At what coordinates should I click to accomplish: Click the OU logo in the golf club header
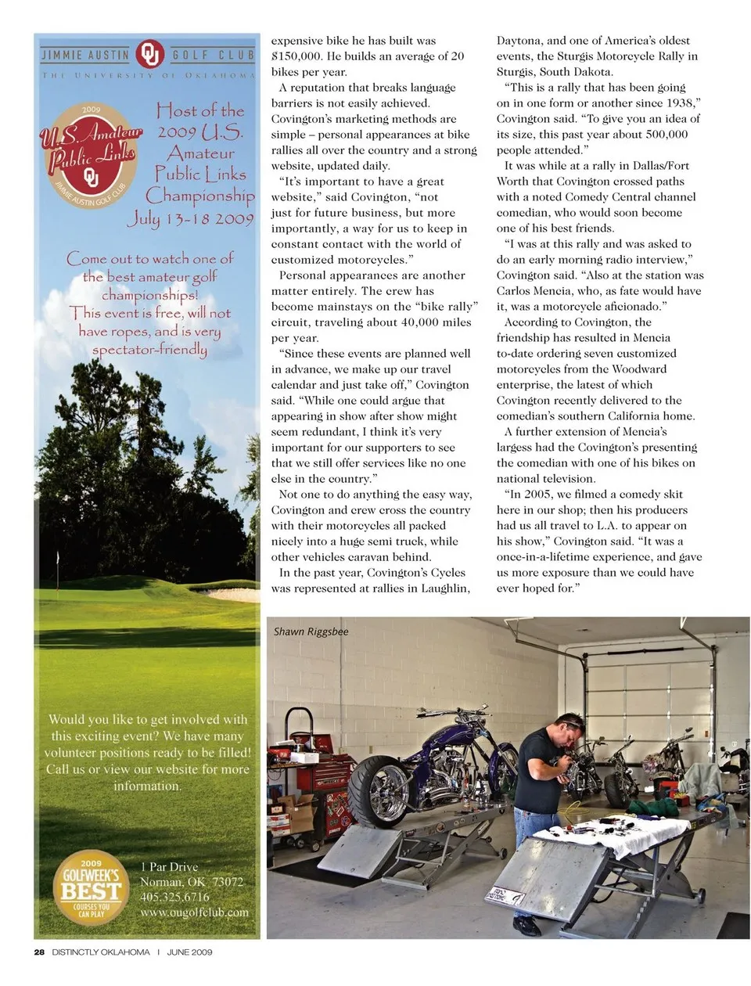(149, 55)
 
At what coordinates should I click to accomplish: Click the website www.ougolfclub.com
(194, 912)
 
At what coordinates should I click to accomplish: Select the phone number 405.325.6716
(174, 897)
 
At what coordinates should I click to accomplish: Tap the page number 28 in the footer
(39, 952)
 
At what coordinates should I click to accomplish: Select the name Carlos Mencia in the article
(534, 291)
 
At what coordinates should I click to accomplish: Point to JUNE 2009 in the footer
(189, 952)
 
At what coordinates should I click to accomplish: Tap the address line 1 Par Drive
(169, 867)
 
